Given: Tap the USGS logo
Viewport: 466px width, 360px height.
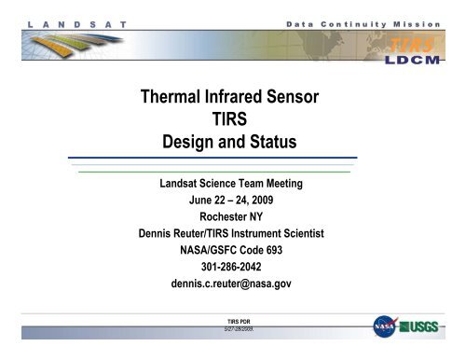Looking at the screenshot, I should click(x=425, y=329).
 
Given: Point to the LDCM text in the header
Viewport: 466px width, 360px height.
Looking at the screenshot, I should click(x=417, y=58).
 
